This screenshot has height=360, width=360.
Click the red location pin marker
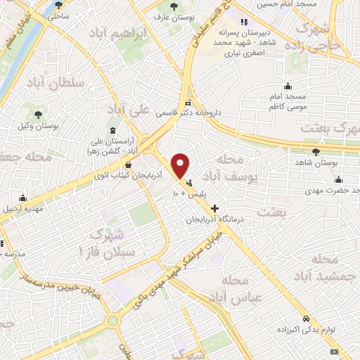[181, 165]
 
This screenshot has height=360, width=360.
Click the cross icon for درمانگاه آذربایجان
[214, 208]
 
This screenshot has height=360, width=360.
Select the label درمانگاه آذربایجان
[214, 220]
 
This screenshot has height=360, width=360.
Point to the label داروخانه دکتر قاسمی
[221, 110]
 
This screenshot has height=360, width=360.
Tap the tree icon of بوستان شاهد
[316, 150]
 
